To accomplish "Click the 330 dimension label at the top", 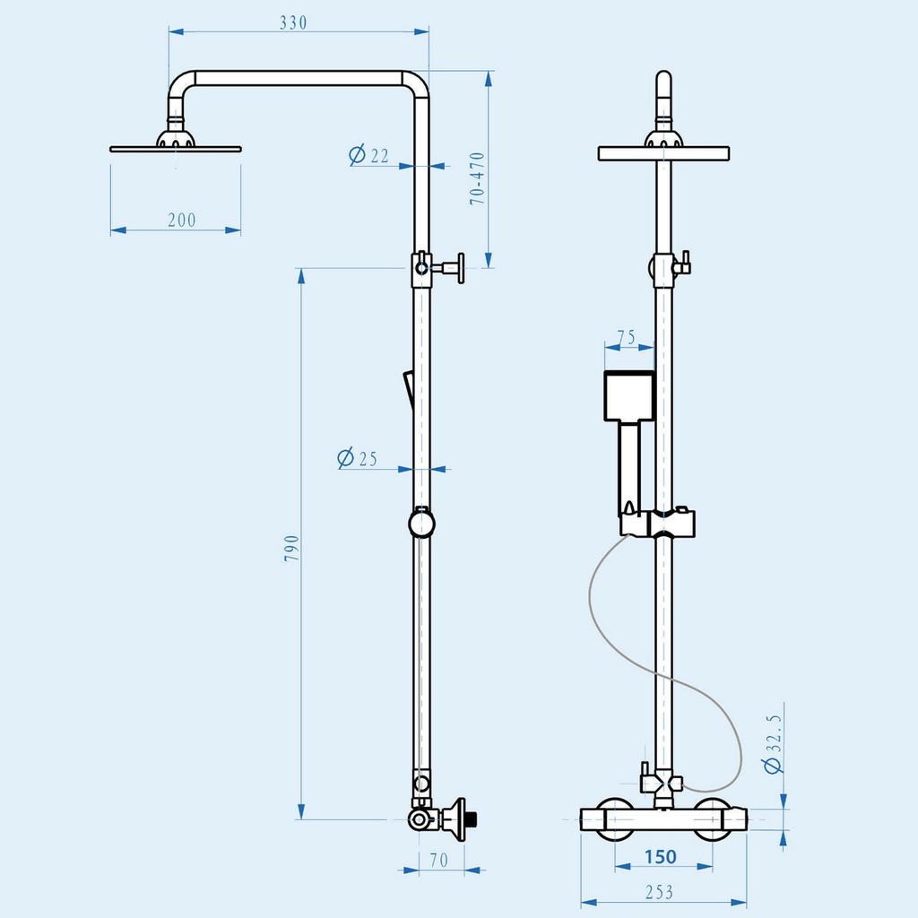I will click(x=293, y=23).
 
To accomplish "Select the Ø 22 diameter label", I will click(x=368, y=156).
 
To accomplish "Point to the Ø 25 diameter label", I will click(x=357, y=459).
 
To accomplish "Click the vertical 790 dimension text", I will click(x=291, y=549).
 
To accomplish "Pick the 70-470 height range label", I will click(x=478, y=178).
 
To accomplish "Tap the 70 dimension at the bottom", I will click(x=438, y=861).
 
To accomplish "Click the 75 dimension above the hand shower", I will click(x=626, y=338).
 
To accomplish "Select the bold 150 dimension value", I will click(x=660, y=857).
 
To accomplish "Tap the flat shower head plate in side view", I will click(x=176, y=147).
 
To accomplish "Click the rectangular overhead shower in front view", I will click(x=663, y=153).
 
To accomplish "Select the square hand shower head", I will click(x=629, y=396).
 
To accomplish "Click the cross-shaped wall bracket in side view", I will click(x=453, y=267).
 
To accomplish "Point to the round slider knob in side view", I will click(x=420, y=523).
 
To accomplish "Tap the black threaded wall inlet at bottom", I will click(x=473, y=818).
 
